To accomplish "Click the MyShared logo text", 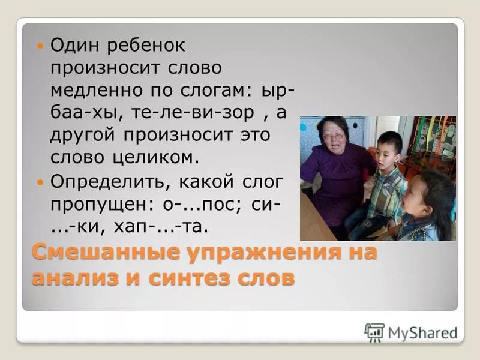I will (422, 332).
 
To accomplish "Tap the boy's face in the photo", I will (389, 147).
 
